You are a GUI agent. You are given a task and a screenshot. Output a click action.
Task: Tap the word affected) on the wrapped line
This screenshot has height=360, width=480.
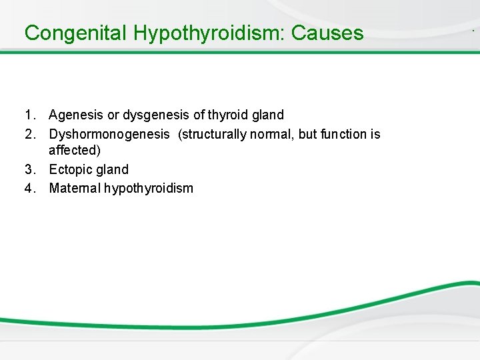[75, 151]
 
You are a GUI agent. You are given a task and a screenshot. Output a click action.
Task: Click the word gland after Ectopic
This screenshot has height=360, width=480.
[112, 169]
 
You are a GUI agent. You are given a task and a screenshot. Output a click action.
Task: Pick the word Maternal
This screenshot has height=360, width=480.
[74, 188]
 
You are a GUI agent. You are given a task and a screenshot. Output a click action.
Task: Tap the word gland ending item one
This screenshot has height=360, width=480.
[267, 115]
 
